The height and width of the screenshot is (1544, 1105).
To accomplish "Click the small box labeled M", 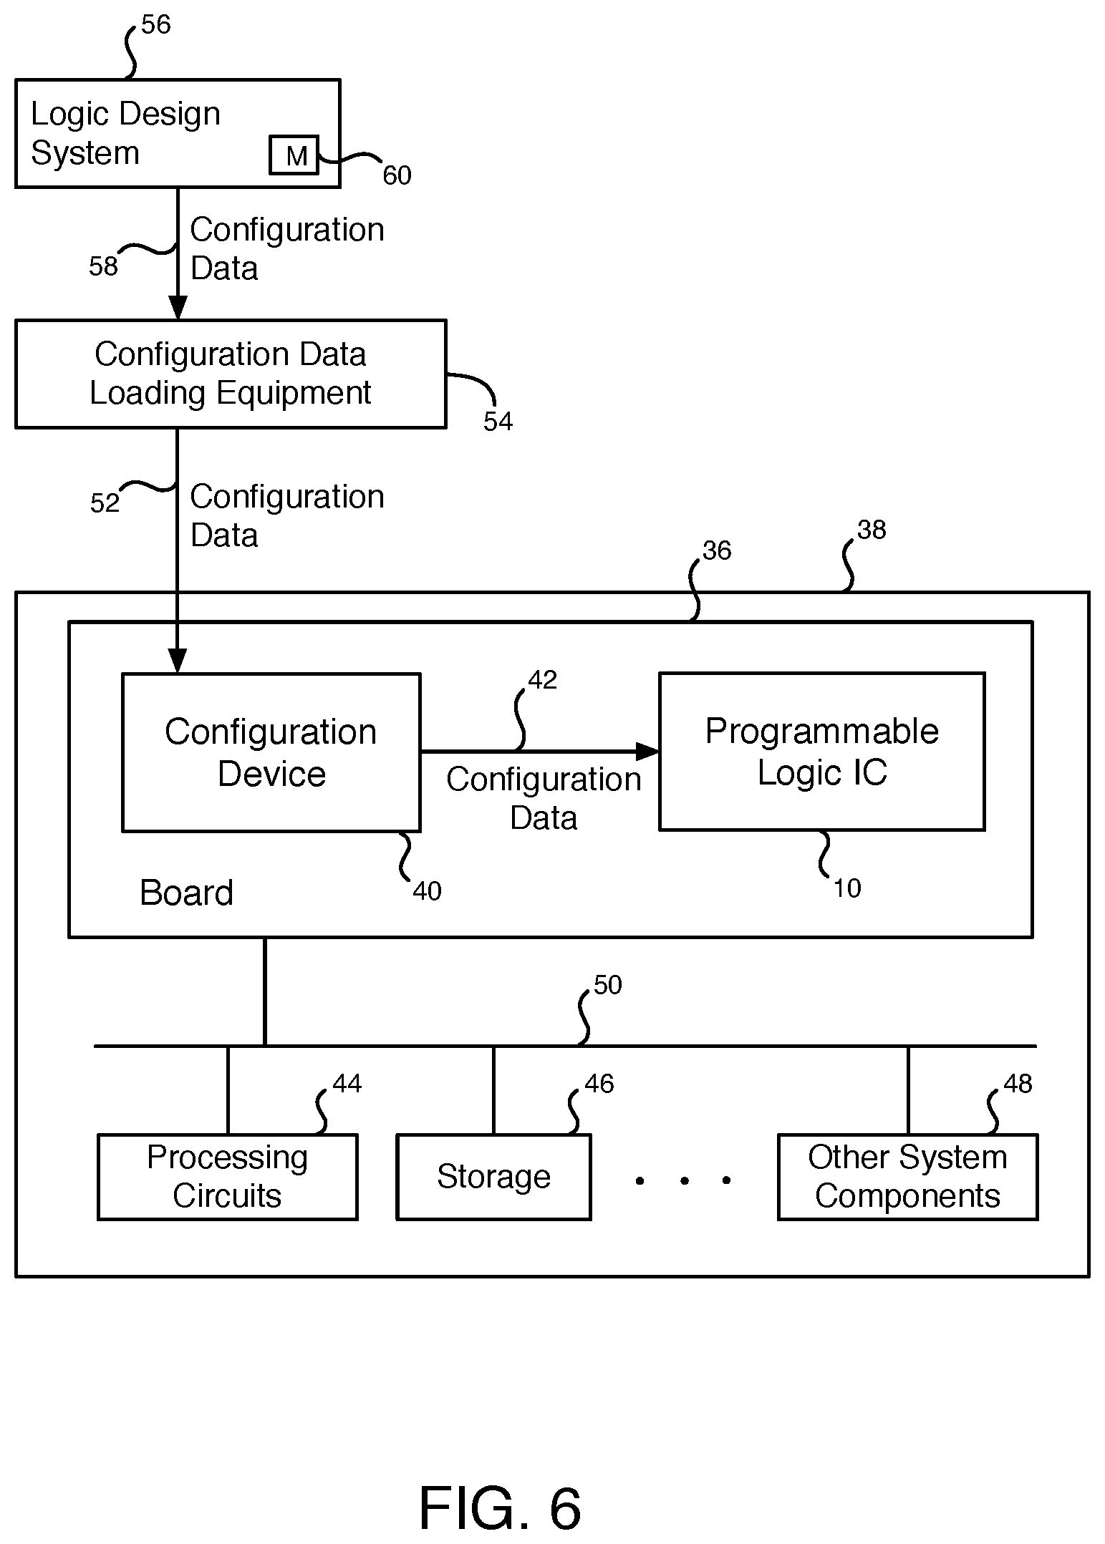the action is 294,155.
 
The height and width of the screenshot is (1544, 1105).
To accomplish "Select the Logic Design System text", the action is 125,133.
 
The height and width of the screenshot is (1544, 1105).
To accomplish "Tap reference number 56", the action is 155,25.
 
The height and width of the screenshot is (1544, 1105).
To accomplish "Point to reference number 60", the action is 397,175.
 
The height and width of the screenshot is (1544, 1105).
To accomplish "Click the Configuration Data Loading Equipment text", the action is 230,373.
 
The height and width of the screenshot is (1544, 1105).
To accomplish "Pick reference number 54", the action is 498,422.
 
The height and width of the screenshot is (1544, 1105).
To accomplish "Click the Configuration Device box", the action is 271,752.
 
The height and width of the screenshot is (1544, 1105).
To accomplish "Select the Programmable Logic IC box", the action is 821,751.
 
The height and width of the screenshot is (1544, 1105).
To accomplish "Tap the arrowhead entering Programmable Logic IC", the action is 647,751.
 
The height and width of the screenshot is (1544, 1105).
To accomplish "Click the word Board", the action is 186,893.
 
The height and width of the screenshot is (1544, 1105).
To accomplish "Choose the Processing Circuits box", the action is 227,1177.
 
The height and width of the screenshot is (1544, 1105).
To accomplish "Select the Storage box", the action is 493,1177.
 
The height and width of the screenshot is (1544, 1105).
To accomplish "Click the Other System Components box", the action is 907,1177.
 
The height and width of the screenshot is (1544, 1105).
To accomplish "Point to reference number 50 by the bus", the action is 607,986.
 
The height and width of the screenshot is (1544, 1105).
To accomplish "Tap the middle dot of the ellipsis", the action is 684,1180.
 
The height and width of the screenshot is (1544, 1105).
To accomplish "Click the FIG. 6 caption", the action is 499,1508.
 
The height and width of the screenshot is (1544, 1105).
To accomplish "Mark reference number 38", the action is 872,530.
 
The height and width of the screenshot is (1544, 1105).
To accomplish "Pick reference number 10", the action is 847,888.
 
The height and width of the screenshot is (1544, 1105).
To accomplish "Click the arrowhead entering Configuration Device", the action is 177,661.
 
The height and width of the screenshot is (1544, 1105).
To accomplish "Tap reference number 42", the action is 542,680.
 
